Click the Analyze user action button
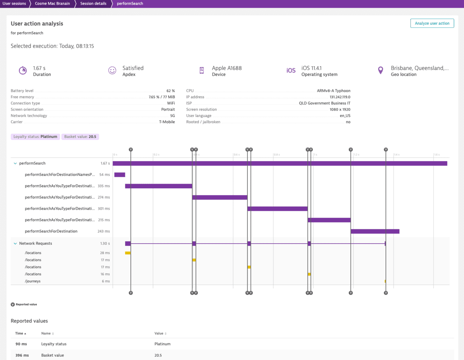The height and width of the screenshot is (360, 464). tap(432, 23)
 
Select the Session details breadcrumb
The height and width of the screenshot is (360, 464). tap(93, 3)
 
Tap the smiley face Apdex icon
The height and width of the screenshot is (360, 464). tap(112, 70)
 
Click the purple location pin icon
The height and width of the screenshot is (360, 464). tap(380, 70)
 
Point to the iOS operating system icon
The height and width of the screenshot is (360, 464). tap(291, 70)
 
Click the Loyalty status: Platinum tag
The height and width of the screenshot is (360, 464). tap(35, 136)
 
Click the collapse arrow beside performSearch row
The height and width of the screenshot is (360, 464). tap(15, 164)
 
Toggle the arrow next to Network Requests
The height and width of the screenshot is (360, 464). tap(15, 244)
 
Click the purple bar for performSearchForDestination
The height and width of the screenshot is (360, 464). tap(375, 231)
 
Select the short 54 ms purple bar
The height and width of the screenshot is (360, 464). tap(119, 175)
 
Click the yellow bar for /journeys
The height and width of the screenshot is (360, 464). tap(385, 281)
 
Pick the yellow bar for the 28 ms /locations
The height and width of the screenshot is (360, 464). tap(128, 253)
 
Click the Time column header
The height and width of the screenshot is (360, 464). tap(19, 333)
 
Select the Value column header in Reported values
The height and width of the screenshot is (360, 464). tap(159, 333)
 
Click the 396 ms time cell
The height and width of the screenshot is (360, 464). tap(22, 355)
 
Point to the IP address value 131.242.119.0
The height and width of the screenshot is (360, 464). tap(340, 97)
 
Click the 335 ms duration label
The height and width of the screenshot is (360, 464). tap(104, 186)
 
